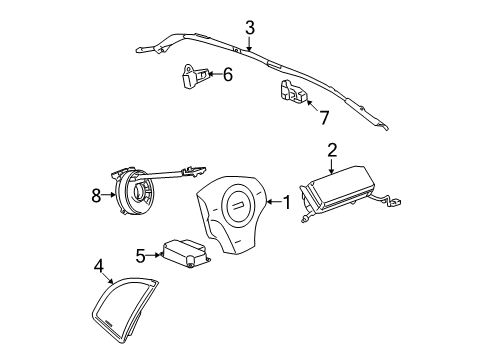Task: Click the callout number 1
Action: pos(287,203)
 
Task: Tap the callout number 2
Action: pos(332,151)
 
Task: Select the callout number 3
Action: pos(250,28)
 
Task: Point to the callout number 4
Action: pos(99,265)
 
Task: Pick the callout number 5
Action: pos(142,254)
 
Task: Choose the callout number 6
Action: pos(228,74)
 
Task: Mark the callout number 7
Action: pos(323,118)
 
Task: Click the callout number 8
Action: pos(96,196)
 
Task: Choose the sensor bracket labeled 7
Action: pos(293,93)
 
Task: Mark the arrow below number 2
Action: pos(332,165)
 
